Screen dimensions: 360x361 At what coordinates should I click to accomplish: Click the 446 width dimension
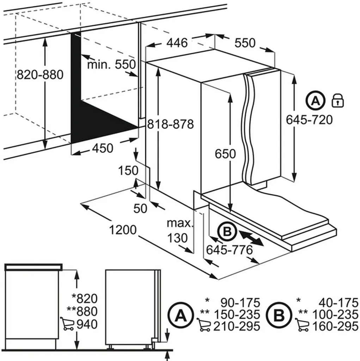click(x=177, y=43)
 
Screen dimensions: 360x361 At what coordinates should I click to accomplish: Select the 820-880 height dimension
click(x=40, y=75)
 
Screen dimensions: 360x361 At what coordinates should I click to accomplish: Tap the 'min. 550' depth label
click(x=111, y=65)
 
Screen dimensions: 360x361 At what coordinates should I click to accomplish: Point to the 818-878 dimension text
click(x=170, y=124)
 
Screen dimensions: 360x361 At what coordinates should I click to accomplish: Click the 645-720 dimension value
click(x=309, y=120)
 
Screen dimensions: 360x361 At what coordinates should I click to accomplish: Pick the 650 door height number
click(x=225, y=154)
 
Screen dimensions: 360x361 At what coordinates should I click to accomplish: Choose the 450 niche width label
click(x=103, y=148)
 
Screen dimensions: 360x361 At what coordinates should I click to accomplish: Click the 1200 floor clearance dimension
click(x=123, y=230)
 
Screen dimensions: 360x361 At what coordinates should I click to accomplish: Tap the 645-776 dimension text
click(x=230, y=250)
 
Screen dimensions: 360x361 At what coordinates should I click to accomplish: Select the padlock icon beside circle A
click(x=338, y=100)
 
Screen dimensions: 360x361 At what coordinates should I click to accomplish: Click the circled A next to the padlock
click(x=316, y=100)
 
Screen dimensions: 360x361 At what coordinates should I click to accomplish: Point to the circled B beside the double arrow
click(x=227, y=231)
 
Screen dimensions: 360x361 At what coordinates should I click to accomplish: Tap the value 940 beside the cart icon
click(x=87, y=324)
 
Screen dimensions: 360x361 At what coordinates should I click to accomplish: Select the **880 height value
click(x=82, y=311)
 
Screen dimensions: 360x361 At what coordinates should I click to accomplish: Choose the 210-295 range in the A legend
click(x=237, y=326)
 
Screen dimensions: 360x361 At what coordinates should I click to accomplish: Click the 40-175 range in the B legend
click(x=338, y=303)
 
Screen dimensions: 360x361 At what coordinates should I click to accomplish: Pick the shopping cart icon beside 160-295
click(x=302, y=325)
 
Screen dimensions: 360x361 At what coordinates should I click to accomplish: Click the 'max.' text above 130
click(x=180, y=223)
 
